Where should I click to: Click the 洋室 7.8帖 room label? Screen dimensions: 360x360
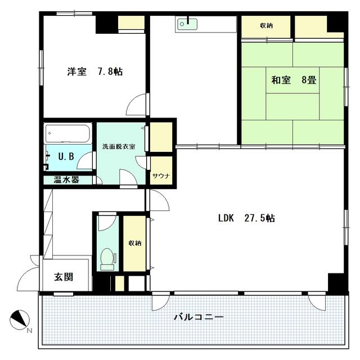point(95,71)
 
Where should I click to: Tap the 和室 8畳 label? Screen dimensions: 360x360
point(294,80)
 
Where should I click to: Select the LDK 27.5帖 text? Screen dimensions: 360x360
point(246,218)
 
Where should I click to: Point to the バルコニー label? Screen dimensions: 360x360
point(199,317)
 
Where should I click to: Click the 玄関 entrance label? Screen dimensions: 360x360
point(64,277)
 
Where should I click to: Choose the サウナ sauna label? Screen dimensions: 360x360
point(161,176)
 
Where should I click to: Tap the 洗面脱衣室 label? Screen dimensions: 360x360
point(119,146)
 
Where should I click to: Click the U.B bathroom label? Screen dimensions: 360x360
point(66,156)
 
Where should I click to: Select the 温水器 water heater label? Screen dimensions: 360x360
point(66,179)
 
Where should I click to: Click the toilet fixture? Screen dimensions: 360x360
point(107,259)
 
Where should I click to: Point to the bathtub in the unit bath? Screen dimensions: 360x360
point(67,134)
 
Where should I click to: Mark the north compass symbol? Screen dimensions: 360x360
point(20,319)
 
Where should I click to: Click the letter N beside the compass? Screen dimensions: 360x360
point(29,331)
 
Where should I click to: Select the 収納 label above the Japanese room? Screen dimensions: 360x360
point(266,25)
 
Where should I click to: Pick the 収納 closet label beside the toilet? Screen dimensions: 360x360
point(135,243)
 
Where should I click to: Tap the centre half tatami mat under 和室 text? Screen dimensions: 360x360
point(292,80)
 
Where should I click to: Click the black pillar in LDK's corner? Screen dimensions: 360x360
point(336,282)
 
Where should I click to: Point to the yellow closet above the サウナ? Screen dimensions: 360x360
point(161,137)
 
